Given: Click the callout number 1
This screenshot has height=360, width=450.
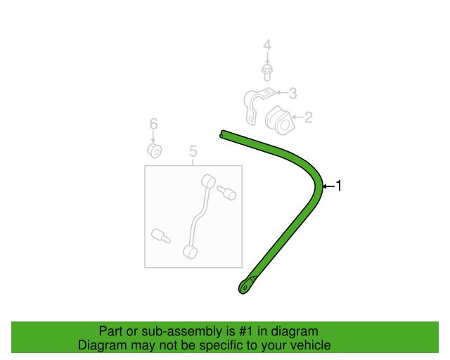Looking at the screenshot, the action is pos(339,186).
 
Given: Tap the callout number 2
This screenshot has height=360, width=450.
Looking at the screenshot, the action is pos(308,117).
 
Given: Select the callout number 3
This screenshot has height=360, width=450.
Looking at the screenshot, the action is pos(292,94).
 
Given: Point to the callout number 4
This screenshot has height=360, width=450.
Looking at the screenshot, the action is pos(267,46).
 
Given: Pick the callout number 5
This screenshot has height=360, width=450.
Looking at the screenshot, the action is pos(193,151).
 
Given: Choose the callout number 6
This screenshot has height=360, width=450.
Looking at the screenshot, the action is pos(153,124).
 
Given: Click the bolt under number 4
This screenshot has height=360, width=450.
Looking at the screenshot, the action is pos(267,72).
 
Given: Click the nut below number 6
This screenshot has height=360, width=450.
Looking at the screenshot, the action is pos(155,150).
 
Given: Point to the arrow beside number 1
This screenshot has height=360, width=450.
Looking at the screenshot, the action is pos(329,186).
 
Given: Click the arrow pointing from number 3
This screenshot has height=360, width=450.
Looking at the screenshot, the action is pos(282,92).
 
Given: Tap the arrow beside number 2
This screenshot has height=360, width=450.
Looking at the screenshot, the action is pos(298,117).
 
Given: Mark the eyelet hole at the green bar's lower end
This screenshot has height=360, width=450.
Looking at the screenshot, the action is pos(245,287).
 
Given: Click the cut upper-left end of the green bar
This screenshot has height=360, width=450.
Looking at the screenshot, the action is pos(222,134).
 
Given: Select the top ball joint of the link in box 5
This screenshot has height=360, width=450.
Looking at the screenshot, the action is pos(208,181).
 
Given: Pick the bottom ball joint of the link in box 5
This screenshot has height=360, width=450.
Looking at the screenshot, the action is pos(190,252).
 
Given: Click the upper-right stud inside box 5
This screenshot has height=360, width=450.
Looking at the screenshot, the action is pos(226,193).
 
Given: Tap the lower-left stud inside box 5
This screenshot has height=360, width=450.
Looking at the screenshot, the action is pos(160,236).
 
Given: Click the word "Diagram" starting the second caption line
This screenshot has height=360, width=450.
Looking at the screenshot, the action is pos(102,345).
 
